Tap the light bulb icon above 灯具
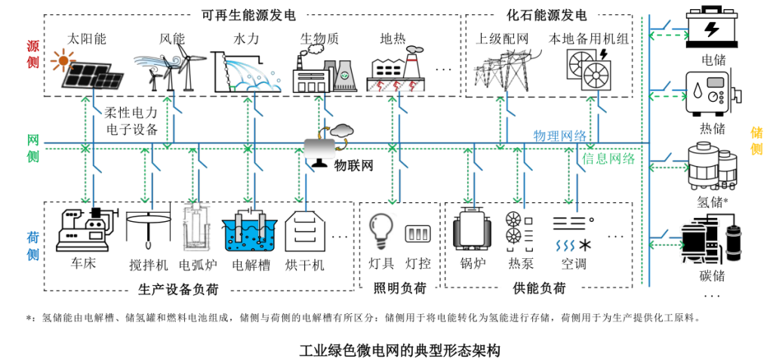(x=381, y=229)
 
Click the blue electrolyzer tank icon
(x=250, y=231)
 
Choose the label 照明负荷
(x=400, y=288)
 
